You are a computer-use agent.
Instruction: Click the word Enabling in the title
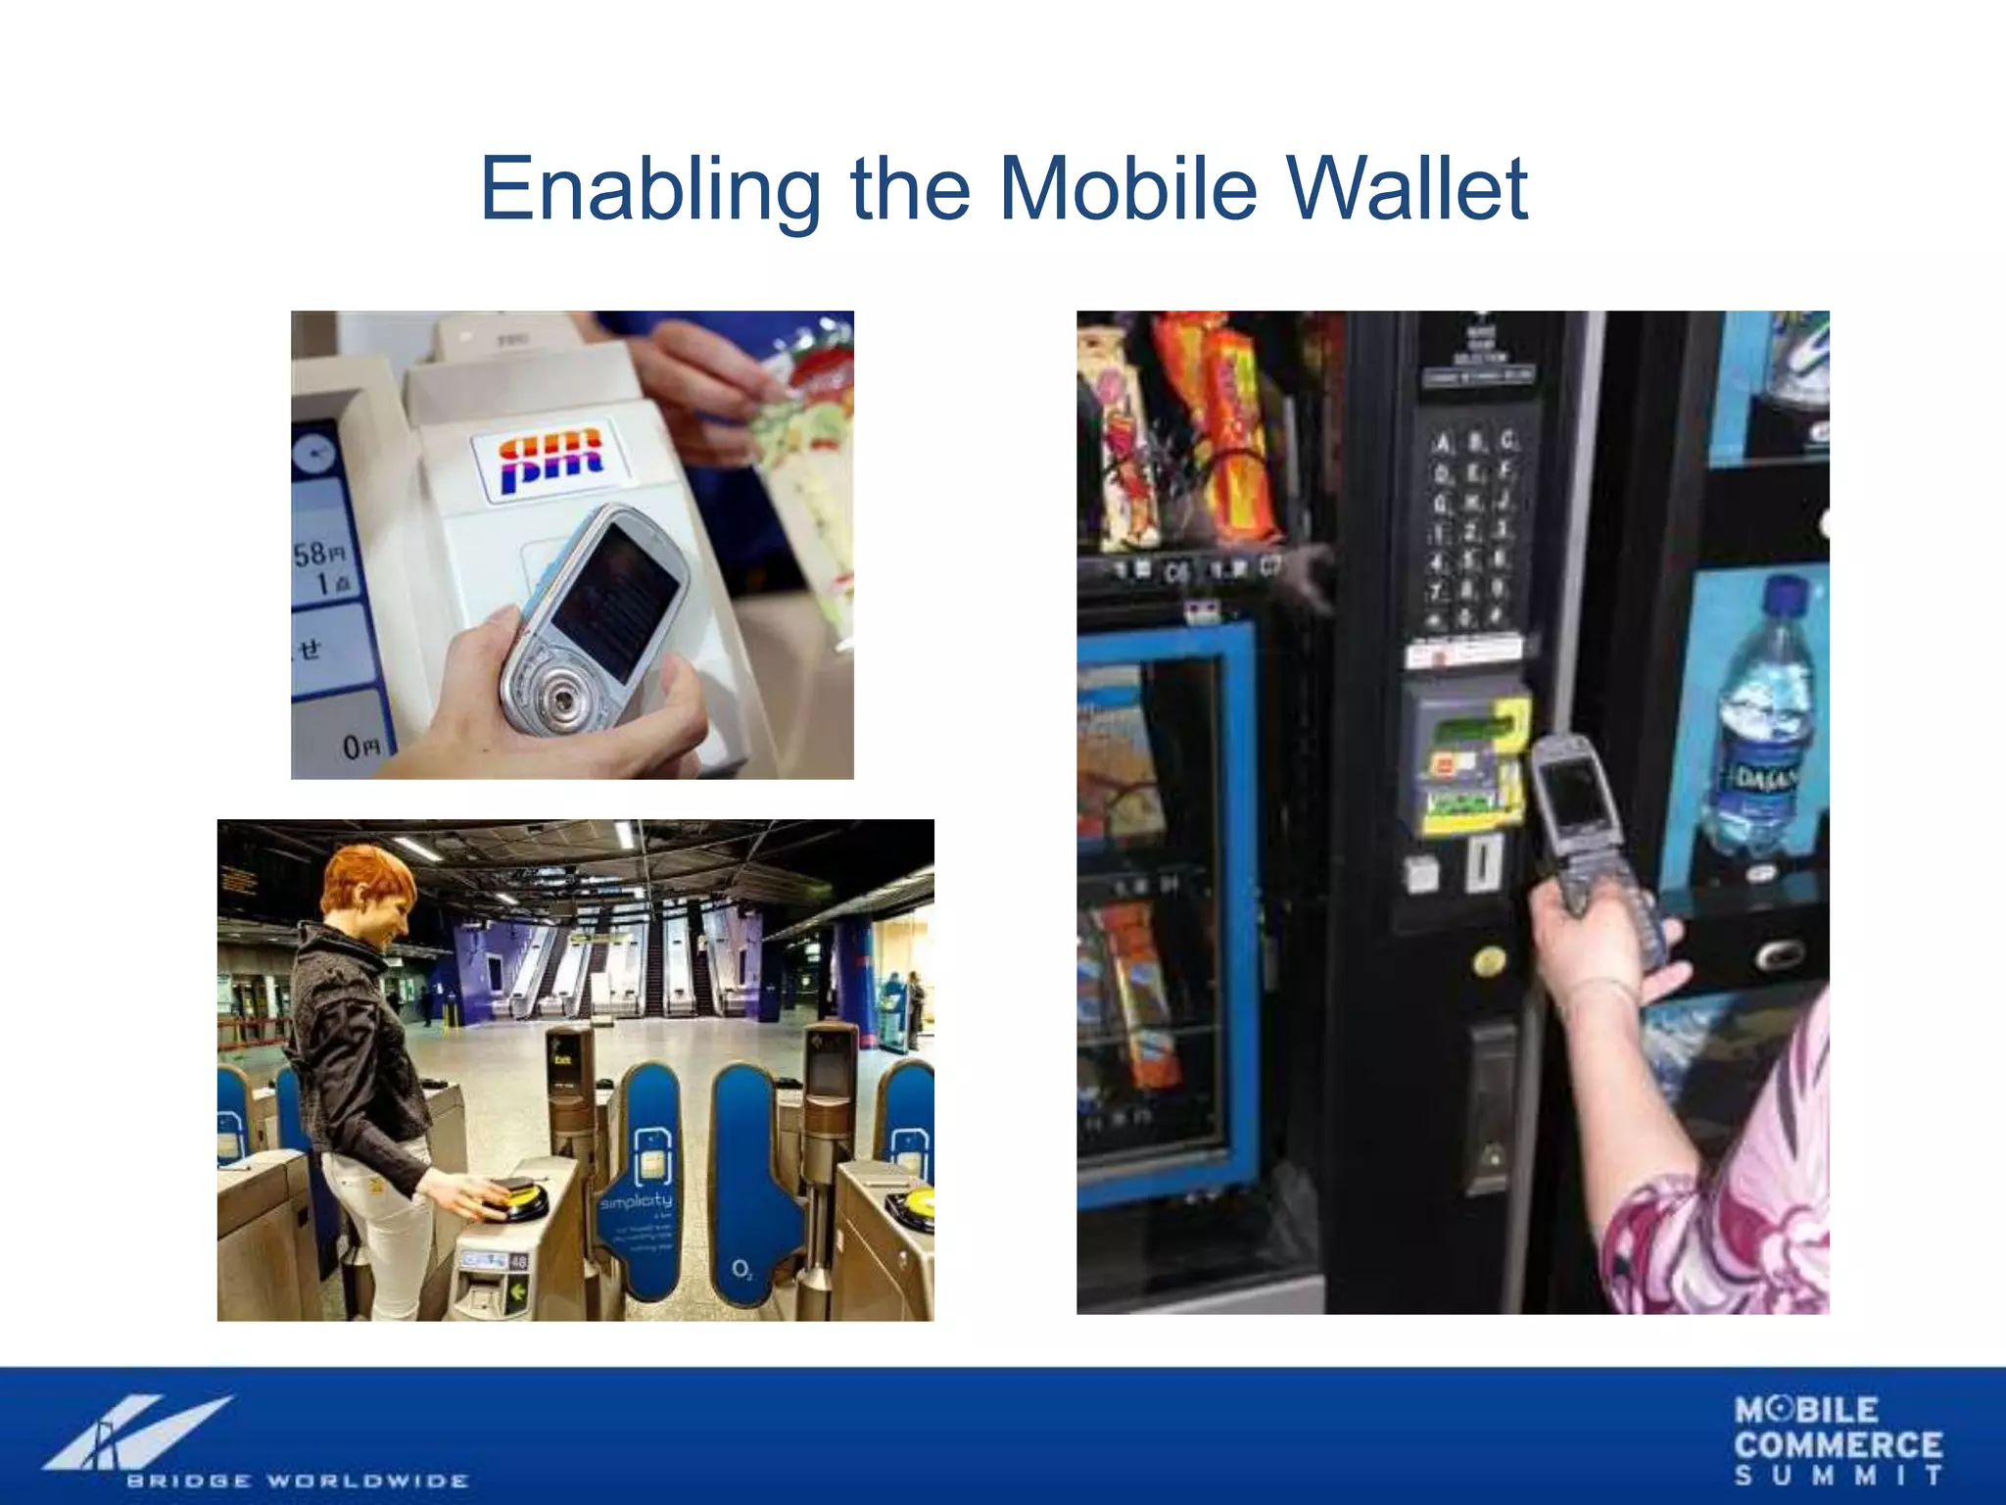[649, 188]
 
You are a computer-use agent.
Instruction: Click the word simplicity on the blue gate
[636, 1200]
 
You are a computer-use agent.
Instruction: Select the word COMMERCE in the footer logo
[1838, 1445]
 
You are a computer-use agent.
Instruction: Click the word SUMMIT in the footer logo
[1838, 1476]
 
